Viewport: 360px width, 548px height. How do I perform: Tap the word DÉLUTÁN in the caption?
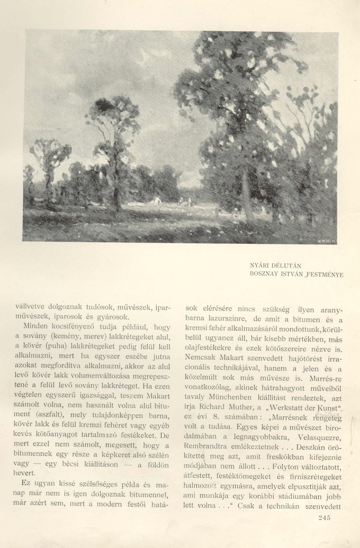point(290,264)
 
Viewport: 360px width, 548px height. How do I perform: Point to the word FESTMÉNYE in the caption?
point(325,274)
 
